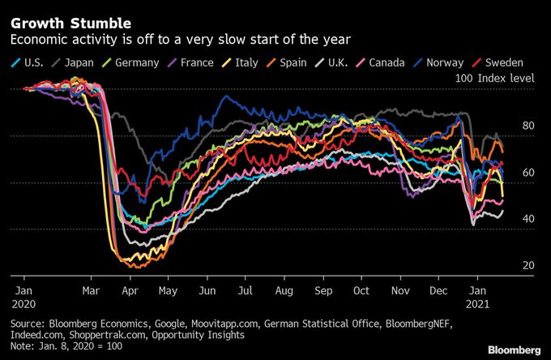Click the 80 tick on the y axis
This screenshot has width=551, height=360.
point(528,126)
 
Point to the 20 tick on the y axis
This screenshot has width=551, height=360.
point(528,266)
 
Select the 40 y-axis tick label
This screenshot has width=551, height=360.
point(528,219)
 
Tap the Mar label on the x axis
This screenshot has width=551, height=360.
point(92,289)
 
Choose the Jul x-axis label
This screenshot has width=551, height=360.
point(245,289)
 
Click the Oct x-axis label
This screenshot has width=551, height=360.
point(361,289)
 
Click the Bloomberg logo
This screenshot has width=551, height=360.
point(514,349)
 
